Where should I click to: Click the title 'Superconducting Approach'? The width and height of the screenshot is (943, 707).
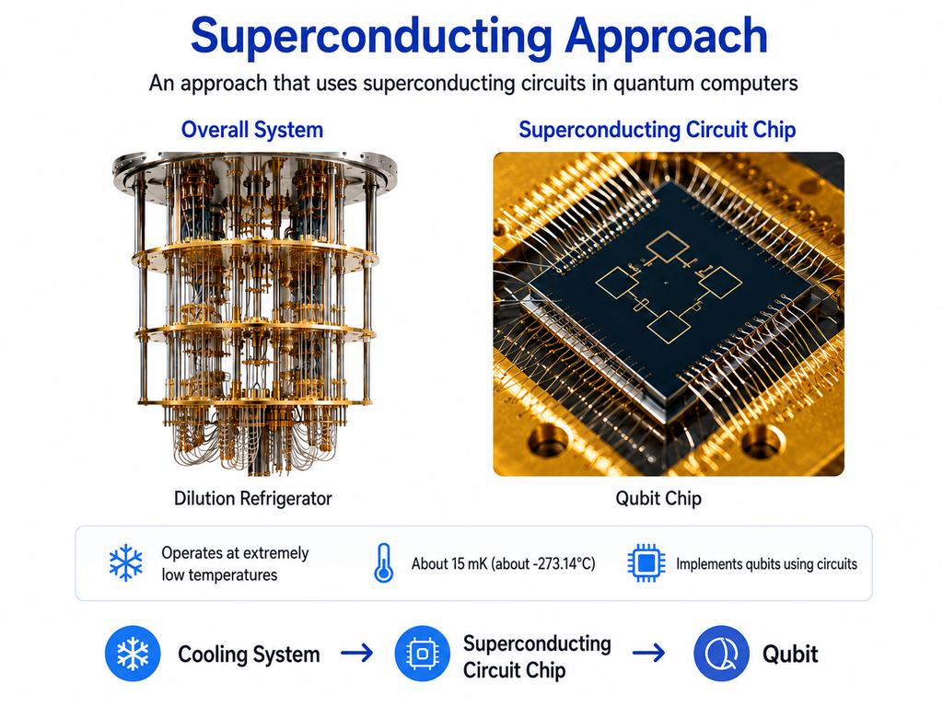(479, 36)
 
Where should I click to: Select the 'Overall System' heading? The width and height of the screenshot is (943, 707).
(252, 130)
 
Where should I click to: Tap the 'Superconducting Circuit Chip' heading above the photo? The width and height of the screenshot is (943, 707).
(658, 130)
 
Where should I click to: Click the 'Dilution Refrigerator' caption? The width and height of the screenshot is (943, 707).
(252, 498)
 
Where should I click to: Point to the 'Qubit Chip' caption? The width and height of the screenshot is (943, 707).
(658, 498)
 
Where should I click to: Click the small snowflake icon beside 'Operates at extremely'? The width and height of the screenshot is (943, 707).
(126, 563)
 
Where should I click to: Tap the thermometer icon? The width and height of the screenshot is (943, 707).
(384, 563)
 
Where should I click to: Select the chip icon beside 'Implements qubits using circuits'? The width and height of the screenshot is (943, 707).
(646, 563)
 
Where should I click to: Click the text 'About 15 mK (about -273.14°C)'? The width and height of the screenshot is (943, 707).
(504, 564)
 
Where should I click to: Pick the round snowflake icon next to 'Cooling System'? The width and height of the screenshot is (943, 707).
(133, 654)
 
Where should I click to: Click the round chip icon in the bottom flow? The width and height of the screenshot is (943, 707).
(422, 654)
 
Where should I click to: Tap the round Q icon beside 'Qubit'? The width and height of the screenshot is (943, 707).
(721, 654)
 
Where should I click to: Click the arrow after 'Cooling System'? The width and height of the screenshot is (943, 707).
(356, 653)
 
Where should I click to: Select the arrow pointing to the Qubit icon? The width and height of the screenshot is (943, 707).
(649, 653)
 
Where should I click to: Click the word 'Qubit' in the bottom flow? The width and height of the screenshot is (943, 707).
(790, 655)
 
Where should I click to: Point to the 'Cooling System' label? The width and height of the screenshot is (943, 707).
(249, 655)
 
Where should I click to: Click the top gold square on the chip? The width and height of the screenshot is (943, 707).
(668, 247)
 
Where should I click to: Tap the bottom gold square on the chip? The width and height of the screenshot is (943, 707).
(669, 327)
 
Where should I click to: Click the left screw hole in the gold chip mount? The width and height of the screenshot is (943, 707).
(548, 442)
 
